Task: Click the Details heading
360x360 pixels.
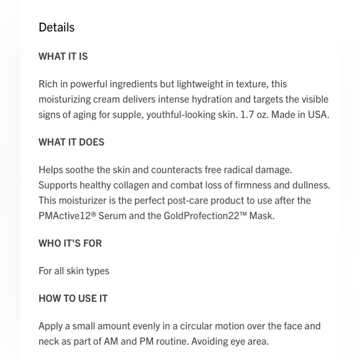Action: pyautogui.click(x=56, y=27)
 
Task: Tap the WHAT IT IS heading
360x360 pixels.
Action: pyautogui.click(x=63, y=56)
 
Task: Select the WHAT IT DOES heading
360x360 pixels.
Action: pyautogui.click(x=71, y=142)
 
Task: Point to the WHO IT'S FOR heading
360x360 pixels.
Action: pyautogui.click(x=70, y=243)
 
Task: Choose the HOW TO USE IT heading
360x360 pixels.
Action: pyautogui.click(x=73, y=299)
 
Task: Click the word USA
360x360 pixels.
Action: pyautogui.click(x=318, y=115)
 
